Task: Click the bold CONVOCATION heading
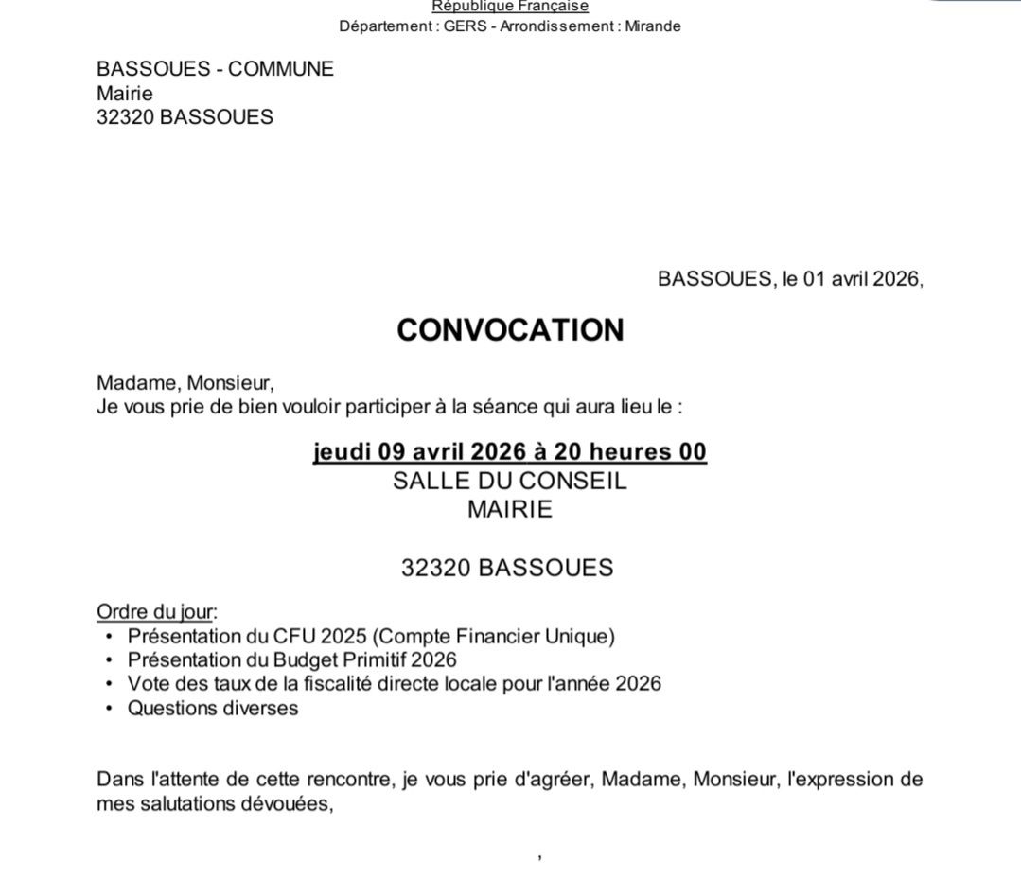coord(510,330)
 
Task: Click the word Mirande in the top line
coord(652,26)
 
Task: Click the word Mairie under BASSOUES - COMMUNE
coord(125,94)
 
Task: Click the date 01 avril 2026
coord(860,279)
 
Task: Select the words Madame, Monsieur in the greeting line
coord(185,383)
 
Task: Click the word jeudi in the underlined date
coord(343,452)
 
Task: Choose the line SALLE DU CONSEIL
coord(510,481)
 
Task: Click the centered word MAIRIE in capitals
coord(510,509)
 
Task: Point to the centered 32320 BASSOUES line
coord(507,568)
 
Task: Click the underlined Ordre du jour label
coord(155,611)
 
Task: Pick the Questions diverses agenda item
coord(213,708)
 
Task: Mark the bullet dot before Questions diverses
coord(110,708)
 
